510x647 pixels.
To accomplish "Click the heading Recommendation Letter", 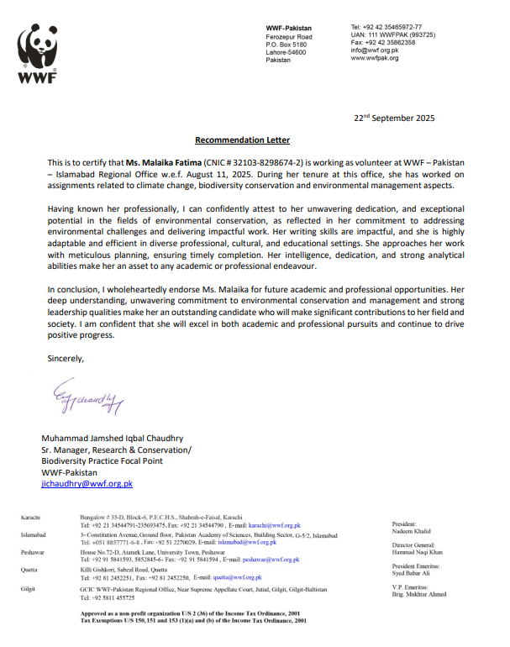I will point(242,140).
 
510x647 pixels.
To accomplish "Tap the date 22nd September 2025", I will point(393,118).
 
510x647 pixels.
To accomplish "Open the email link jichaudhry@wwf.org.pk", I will point(87,484).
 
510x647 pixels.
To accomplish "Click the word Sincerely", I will point(65,359).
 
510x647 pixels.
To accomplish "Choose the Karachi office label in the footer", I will point(32,518).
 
